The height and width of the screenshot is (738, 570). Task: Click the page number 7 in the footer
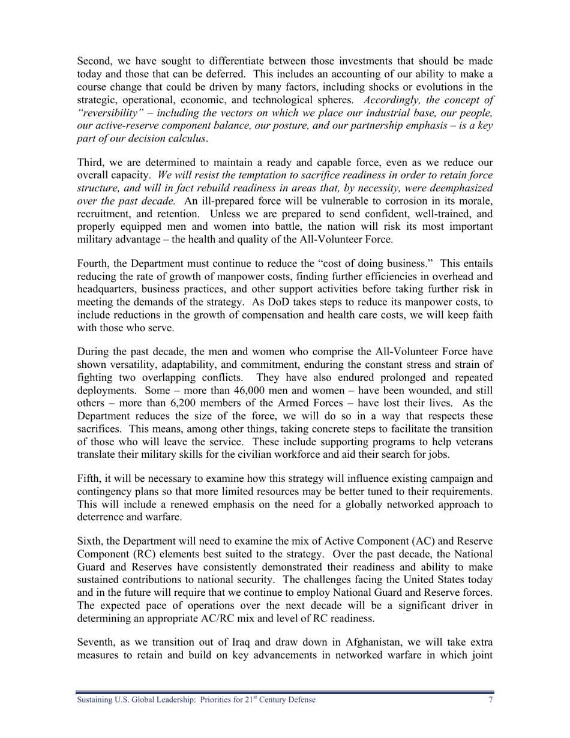[x=491, y=700]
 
